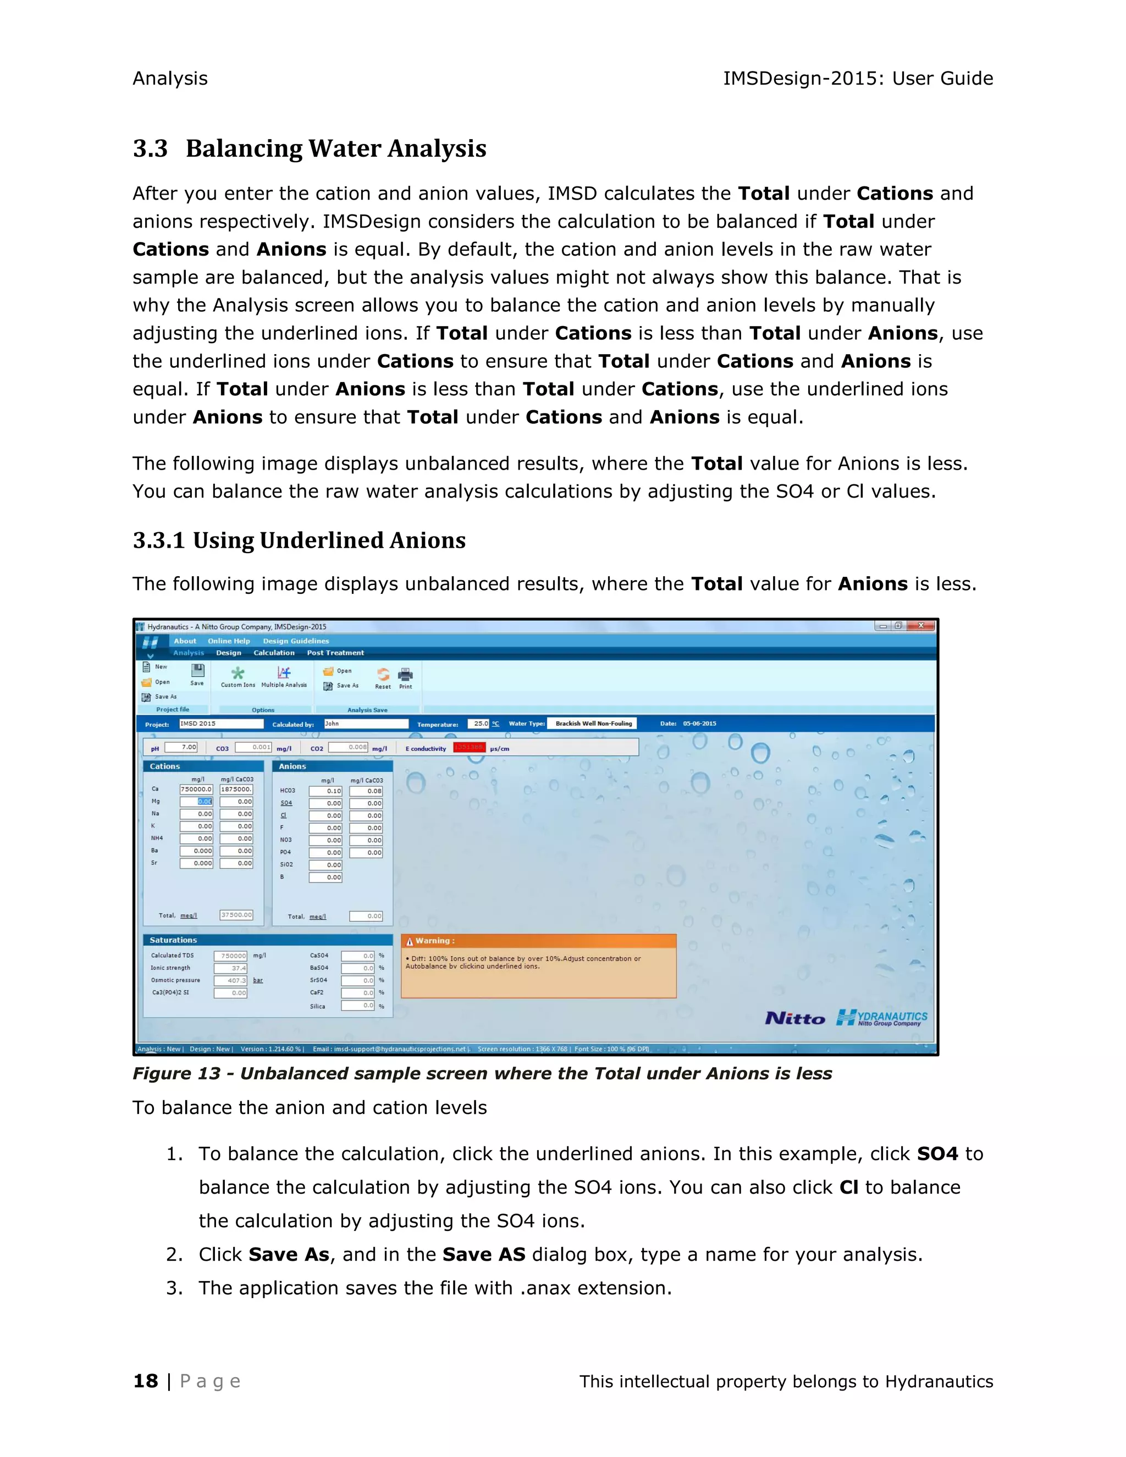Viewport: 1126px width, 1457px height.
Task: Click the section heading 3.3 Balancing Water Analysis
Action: (x=309, y=148)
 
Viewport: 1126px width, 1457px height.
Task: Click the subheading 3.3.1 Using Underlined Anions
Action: (x=299, y=540)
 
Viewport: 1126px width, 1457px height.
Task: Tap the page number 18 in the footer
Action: (x=145, y=1381)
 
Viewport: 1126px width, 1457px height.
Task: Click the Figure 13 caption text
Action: (x=482, y=1073)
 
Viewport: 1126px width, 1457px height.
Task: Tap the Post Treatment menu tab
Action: (x=335, y=653)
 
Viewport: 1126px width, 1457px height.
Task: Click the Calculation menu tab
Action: (x=273, y=653)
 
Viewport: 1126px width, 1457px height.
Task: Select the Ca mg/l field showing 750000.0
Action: (x=196, y=789)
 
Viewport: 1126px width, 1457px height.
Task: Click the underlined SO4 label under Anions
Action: (x=286, y=803)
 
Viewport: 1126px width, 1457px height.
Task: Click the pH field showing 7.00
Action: (x=181, y=747)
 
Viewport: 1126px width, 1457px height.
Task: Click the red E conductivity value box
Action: (x=469, y=748)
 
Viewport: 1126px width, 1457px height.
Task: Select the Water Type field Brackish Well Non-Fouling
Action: (x=592, y=724)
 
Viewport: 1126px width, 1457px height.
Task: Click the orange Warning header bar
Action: (x=538, y=941)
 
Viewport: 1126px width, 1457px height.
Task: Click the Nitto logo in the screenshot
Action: (x=794, y=1019)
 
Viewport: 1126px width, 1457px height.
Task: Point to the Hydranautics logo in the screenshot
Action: (x=882, y=1018)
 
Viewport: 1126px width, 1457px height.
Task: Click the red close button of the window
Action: (x=920, y=626)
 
